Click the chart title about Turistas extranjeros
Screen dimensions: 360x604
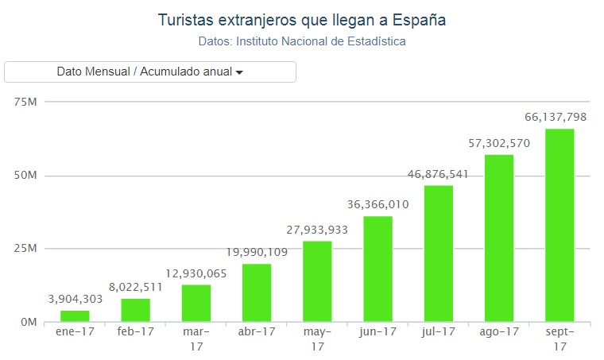[x=302, y=19]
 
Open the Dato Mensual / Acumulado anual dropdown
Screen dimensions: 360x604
[x=150, y=72]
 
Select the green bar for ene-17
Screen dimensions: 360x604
[x=75, y=316]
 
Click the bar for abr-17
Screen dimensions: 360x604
[x=257, y=292]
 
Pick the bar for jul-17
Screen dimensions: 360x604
[x=438, y=254]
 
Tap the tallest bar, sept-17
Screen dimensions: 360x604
[x=559, y=225]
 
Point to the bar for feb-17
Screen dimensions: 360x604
[x=135, y=310]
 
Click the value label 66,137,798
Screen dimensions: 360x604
[x=556, y=117]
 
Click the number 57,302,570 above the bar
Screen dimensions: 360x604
[x=498, y=143]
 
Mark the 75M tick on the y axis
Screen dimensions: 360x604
[x=26, y=102]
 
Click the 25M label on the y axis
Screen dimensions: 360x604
[x=26, y=249]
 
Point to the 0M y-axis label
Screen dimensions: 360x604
[x=29, y=323]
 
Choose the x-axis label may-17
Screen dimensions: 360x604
[x=317, y=339]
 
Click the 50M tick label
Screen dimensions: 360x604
[x=26, y=176]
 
